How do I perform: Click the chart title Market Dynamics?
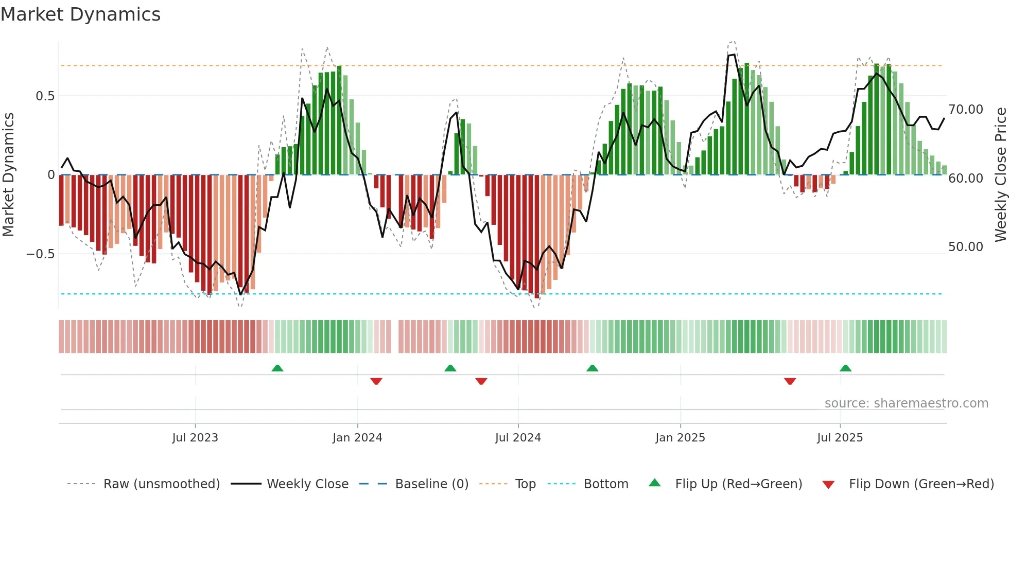(x=80, y=14)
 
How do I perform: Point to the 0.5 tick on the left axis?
(x=45, y=96)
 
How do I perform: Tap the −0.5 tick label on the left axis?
(x=40, y=254)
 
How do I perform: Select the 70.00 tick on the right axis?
(x=966, y=110)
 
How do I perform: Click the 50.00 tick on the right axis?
(x=966, y=247)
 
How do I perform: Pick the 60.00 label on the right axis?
(x=966, y=179)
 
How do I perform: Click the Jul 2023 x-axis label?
(x=195, y=438)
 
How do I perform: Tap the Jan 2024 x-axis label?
(x=357, y=438)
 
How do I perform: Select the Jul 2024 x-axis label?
(x=518, y=438)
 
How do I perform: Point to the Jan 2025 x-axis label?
(x=680, y=438)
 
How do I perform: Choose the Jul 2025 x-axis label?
(x=840, y=438)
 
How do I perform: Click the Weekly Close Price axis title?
(x=1000, y=174)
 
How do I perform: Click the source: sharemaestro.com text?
(x=906, y=403)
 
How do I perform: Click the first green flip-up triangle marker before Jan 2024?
(x=277, y=368)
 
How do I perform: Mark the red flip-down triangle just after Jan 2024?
(x=376, y=381)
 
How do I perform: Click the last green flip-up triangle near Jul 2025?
(x=845, y=368)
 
